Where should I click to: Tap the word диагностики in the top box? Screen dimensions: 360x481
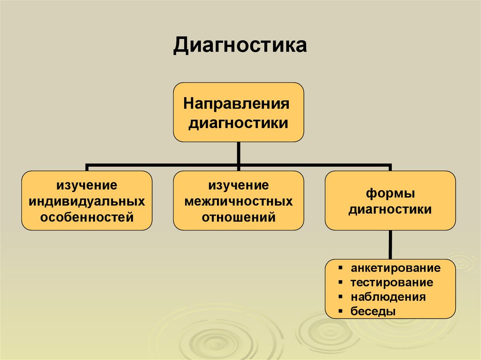[x=238, y=123]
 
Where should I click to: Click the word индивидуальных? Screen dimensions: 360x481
[x=87, y=201]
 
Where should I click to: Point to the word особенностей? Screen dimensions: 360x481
[x=87, y=217]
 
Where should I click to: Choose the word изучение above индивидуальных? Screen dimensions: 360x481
[x=87, y=185]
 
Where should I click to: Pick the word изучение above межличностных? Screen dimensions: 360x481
[x=239, y=185]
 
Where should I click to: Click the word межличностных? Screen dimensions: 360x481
[x=239, y=201]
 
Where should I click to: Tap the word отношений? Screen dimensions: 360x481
[x=239, y=217]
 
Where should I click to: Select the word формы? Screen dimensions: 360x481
[x=390, y=193]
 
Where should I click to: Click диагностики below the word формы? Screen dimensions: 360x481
[x=390, y=209]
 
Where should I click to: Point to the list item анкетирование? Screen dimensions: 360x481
[x=395, y=268]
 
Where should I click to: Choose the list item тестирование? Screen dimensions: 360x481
[x=391, y=283]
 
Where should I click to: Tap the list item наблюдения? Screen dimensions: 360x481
[x=388, y=297]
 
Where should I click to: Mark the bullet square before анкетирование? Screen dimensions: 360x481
[x=339, y=268]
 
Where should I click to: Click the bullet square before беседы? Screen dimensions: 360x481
[x=339, y=311]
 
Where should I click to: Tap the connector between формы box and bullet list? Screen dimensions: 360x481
[x=390, y=244]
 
